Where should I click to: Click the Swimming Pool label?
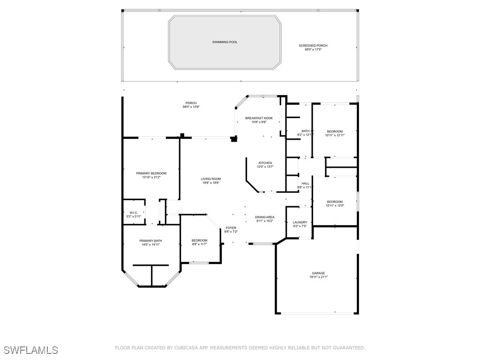pos(225,42)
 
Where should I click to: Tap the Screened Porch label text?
pos(313,45)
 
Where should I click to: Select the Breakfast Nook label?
pos(259,118)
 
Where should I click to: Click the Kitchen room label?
pos(265,163)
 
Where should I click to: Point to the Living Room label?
pos(211,179)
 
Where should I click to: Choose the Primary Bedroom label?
pos(151,173)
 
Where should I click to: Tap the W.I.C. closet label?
pos(134,212)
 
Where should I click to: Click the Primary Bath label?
pos(150,241)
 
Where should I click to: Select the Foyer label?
pos(231,228)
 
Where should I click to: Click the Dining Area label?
pos(265,217)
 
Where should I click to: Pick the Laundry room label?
pos(300,222)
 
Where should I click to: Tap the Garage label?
pos(319,273)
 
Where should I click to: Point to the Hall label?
pos(305,183)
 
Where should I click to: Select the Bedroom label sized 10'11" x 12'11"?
pos(335,131)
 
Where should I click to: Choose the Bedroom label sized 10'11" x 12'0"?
pos(335,202)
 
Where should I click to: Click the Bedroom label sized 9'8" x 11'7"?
pos(199,240)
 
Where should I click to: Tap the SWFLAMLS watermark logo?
pos(31,350)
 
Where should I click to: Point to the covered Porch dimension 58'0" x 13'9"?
pos(191,107)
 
